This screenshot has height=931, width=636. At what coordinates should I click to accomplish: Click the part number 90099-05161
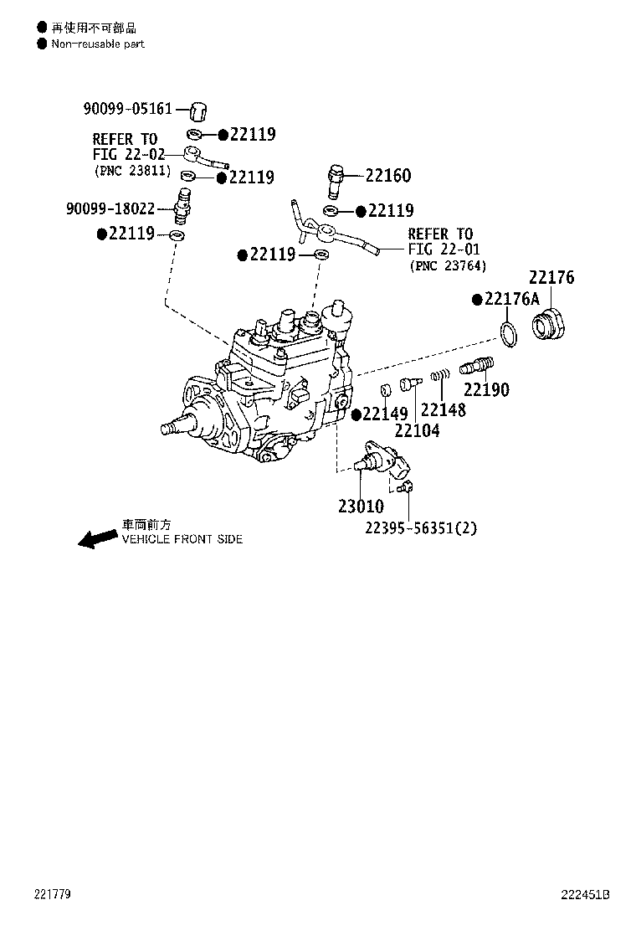(x=127, y=109)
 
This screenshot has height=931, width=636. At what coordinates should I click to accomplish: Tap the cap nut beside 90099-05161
(x=199, y=111)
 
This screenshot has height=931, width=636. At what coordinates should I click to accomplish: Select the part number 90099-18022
(x=110, y=208)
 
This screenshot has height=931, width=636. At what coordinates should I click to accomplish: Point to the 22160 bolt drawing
(x=336, y=183)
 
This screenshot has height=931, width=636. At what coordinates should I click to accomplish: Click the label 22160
(x=388, y=176)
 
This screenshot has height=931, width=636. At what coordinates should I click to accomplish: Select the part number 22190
(x=486, y=389)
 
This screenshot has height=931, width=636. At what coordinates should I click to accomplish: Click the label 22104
(x=417, y=430)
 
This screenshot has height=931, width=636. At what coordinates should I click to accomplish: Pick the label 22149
(x=385, y=414)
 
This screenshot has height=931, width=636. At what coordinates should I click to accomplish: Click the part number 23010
(x=361, y=507)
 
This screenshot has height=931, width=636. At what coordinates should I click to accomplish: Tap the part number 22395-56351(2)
(x=421, y=527)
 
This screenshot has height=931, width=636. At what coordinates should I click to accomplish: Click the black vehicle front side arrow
(x=98, y=538)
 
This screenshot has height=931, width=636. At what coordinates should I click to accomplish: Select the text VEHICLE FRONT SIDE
(x=182, y=539)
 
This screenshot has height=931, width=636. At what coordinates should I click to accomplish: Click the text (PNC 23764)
(x=448, y=266)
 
